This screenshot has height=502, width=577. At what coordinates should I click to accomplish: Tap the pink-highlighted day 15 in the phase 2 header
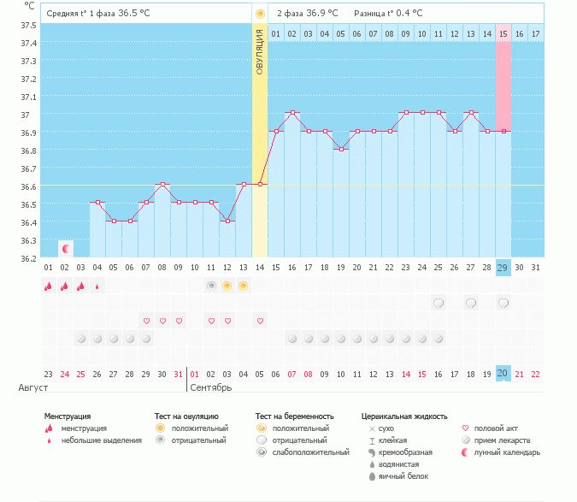tap(503, 33)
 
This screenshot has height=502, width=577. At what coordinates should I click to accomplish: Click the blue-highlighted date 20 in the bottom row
tap(503, 374)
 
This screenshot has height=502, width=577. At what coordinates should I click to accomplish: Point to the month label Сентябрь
tap(209, 387)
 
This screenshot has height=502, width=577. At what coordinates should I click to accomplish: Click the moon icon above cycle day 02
tap(66, 248)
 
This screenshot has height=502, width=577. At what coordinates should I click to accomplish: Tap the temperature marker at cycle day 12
tap(227, 221)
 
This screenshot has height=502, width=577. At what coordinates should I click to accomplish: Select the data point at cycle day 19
tap(340, 149)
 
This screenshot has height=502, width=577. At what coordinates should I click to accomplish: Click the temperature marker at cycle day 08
tap(162, 185)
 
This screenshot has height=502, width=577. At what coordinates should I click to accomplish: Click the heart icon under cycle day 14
tap(260, 321)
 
